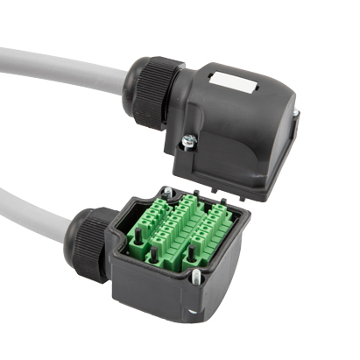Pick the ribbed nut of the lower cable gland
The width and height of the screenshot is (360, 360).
tap(89, 243)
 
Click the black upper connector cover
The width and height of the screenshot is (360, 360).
tap(236, 131)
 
